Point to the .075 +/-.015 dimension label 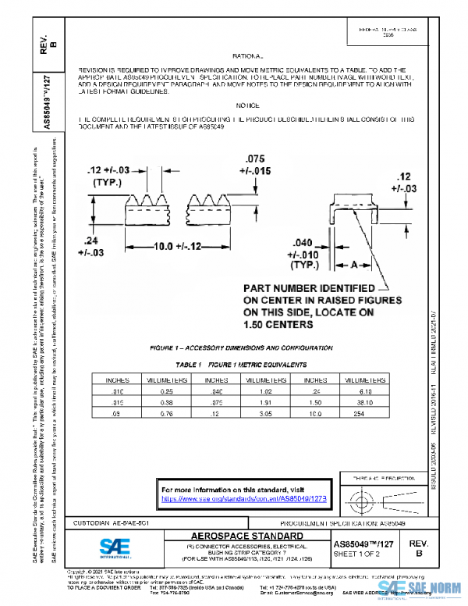257,165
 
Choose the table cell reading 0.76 161,412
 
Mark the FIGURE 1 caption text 238,348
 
